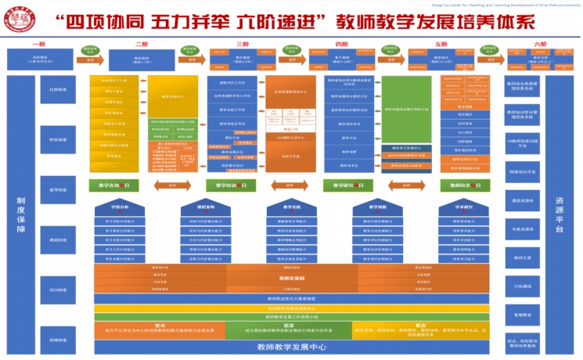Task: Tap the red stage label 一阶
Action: pyautogui.click(x=38, y=45)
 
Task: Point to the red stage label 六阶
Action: pyautogui.click(x=540, y=45)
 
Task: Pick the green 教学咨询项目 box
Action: pyautogui.click(x=120, y=185)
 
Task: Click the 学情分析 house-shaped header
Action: pyautogui.click(x=120, y=208)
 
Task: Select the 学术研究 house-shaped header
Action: pyautogui.click(x=466, y=208)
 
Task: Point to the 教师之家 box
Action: pyautogui.click(x=523, y=257)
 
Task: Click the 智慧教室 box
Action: pyautogui.click(x=523, y=314)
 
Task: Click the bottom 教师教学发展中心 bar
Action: pyautogui.click(x=291, y=347)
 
